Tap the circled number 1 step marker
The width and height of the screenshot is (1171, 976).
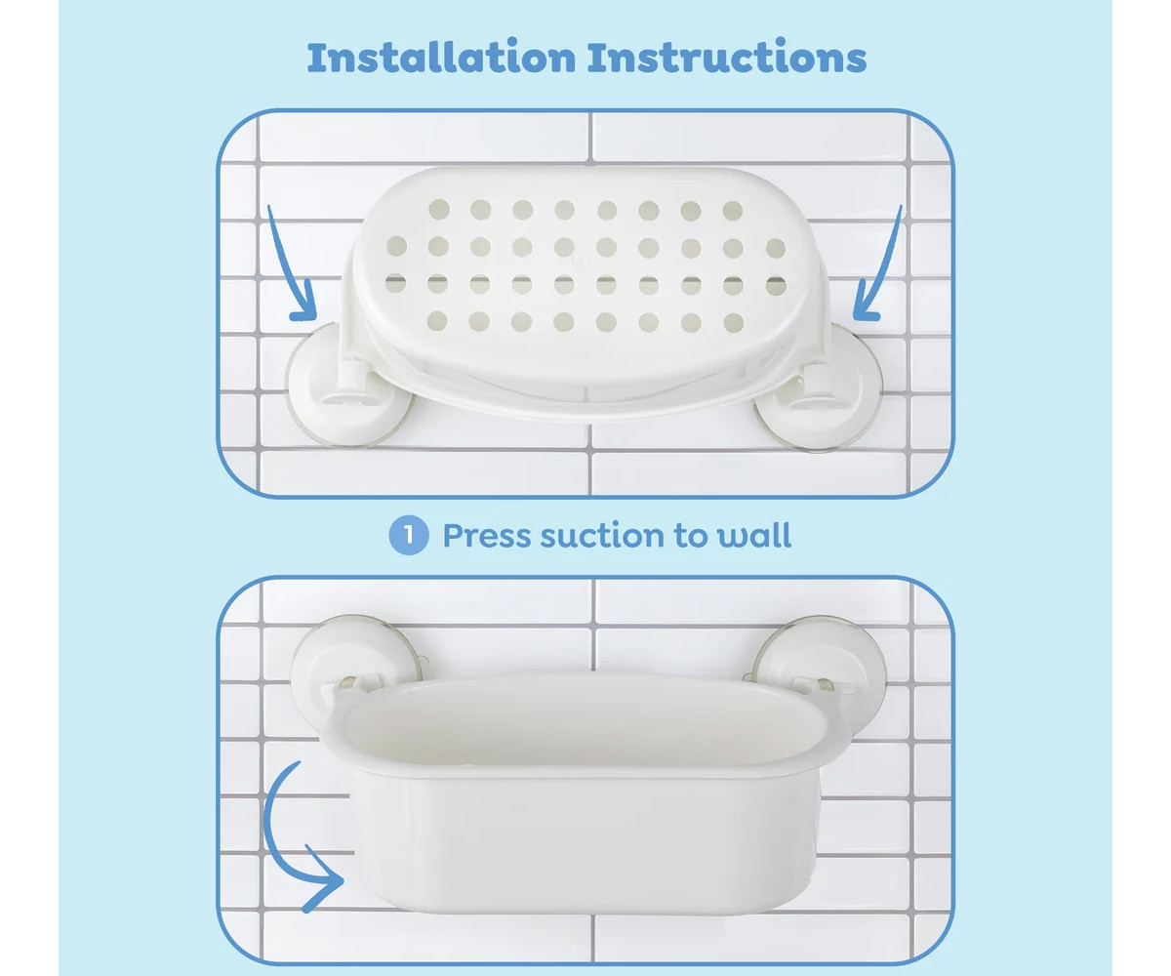tap(409, 535)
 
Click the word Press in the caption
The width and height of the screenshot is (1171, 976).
tap(486, 536)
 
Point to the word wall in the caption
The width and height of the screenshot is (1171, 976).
tap(755, 535)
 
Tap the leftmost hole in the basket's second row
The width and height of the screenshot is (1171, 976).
tap(396, 246)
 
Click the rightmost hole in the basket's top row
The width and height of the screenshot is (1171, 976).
tap(733, 211)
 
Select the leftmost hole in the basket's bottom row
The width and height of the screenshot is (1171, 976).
tap(437, 321)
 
